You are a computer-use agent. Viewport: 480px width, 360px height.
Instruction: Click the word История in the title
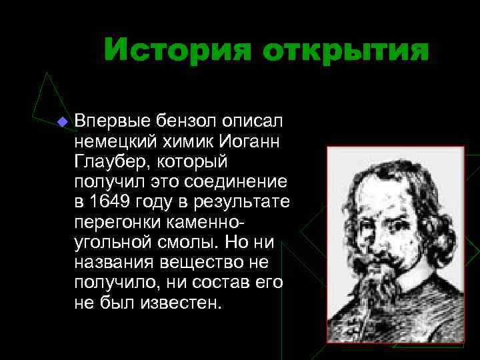point(176,51)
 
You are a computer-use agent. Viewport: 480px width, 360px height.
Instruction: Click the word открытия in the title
point(345,51)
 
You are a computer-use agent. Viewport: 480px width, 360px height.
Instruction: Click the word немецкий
point(112,141)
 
